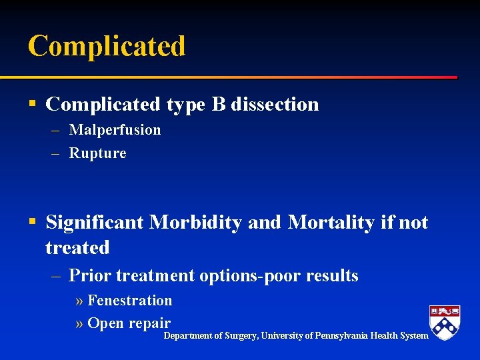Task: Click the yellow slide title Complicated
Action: [107, 46]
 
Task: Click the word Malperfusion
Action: [115, 129]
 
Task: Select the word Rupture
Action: [97, 153]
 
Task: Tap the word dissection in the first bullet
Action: [275, 104]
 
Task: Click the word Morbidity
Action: [195, 222]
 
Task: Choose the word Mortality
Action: [332, 222]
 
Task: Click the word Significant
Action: [95, 222]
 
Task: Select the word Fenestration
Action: [129, 301]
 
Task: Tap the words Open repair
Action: [129, 323]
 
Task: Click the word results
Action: [332, 275]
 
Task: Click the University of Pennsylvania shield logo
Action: [445, 323]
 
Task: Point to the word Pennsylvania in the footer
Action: [341, 335]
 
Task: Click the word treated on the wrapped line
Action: [77, 247]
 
